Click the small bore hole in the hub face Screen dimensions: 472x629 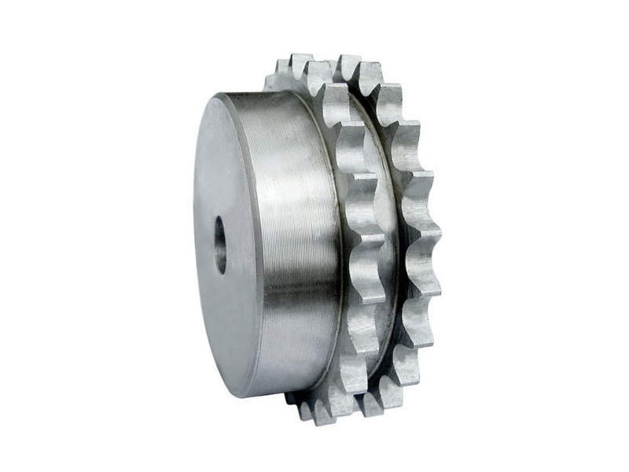(220, 245)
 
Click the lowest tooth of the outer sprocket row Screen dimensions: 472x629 (370, 405)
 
